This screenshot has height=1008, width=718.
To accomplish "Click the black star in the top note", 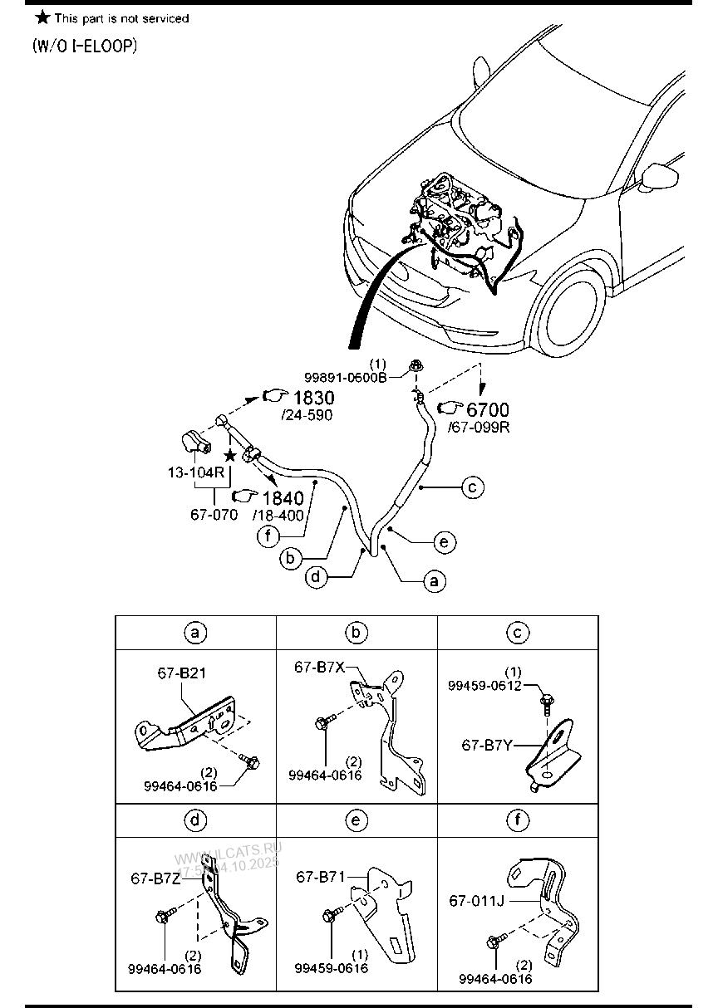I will click(42, 17).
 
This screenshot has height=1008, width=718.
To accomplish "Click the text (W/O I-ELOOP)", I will click(84, 46).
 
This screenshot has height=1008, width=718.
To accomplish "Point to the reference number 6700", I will click(488, 409).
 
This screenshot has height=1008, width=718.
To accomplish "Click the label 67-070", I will click(214, 514).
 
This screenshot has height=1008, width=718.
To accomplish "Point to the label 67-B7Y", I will click(486, 746).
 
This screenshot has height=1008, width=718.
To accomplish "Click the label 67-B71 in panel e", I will click(319, 876).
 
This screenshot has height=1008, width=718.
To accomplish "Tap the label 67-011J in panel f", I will click(477, 899).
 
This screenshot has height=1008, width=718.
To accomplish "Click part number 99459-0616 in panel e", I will click(331, 968).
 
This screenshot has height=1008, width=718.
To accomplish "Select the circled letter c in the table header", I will click(517, 634).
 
